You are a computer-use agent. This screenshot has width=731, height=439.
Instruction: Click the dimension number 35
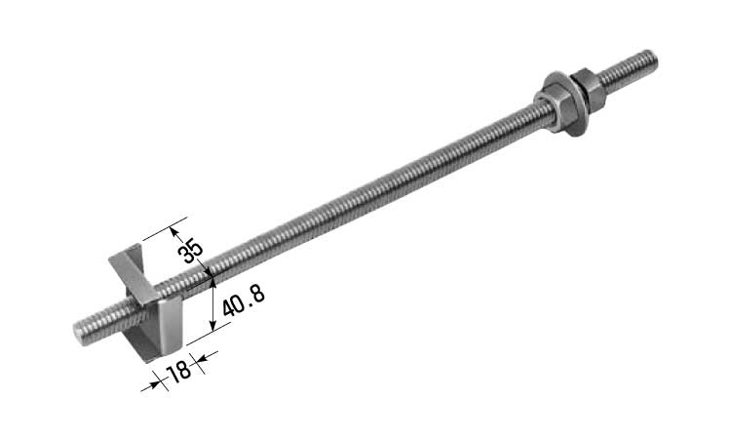click(x=191, y=252)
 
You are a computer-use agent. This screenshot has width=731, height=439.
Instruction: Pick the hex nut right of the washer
click(x=588, y=90)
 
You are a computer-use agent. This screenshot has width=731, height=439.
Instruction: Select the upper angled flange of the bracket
click(x=133, y=272)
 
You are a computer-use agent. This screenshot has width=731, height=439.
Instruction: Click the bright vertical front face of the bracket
click(x=170, y=325)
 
